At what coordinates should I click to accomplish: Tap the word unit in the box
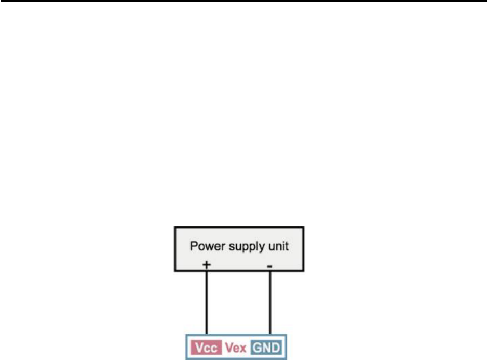[278, 246]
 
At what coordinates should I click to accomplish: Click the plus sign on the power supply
[207, 265]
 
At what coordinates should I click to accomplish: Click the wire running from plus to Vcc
[207, 301]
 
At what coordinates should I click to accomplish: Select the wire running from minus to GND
[270, 301]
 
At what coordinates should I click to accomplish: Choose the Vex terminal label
[236, 347]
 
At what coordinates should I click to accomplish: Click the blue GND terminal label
[267, 347]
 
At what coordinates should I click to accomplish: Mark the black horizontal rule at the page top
[244, 2]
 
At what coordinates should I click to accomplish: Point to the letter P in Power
[193, 246]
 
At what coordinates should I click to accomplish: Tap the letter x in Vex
[243, 348]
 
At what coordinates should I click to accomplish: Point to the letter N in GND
[267, 347]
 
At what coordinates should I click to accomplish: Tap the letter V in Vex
[229, 347]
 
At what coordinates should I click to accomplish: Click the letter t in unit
[287, 246]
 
